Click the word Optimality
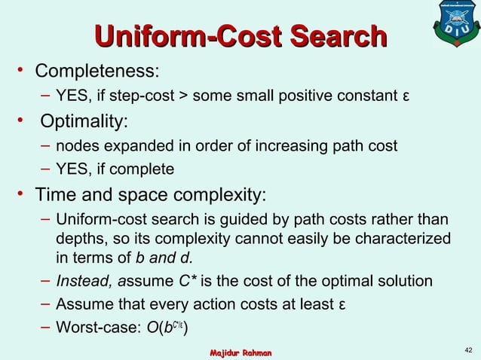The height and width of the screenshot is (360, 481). [x=84, y=121]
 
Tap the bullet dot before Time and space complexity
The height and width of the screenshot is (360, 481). [x=23, y=194]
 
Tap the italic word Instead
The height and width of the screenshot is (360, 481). [x=83, y=282]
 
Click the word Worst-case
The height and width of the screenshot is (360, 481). [x=93, y=329]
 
